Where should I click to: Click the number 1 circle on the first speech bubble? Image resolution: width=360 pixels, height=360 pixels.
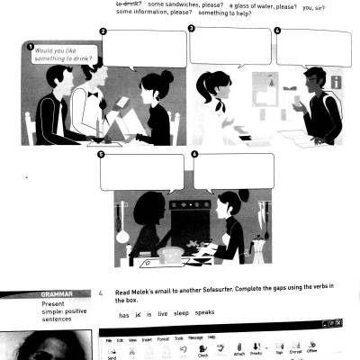pyautogui.click(x=31, y=48)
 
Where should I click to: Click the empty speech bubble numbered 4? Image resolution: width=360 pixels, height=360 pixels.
pyautogui.click(x=312, y=48)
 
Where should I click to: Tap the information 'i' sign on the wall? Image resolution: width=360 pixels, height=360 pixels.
pyautogui.click(x=336, y=82)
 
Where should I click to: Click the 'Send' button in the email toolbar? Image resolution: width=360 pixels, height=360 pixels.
pyautogui.click(x=112, y=354)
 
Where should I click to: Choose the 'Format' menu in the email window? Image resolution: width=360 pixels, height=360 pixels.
pyautogui.click(x=168, y=338)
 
